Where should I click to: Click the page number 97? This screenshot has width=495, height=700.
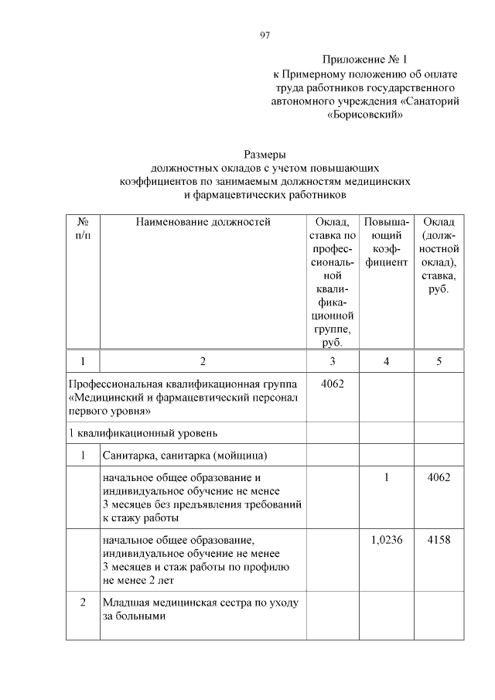pyautogui.click(x=265, y=35)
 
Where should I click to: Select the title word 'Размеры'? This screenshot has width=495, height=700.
pyautogui.click(x=265, y=153)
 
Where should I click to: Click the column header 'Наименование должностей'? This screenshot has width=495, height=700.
pyautogui.click(x=203, y=222)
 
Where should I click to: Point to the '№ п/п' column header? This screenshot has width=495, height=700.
pyautogui.click(x=83, y=228)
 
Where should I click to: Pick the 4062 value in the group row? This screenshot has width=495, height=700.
pyautogui.click(x=333, y=384)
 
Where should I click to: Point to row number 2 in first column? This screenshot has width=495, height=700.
pyautogui.click(x=83, y=603)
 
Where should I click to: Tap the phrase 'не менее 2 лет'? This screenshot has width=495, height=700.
pyautogui.click(x=136, y=579)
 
